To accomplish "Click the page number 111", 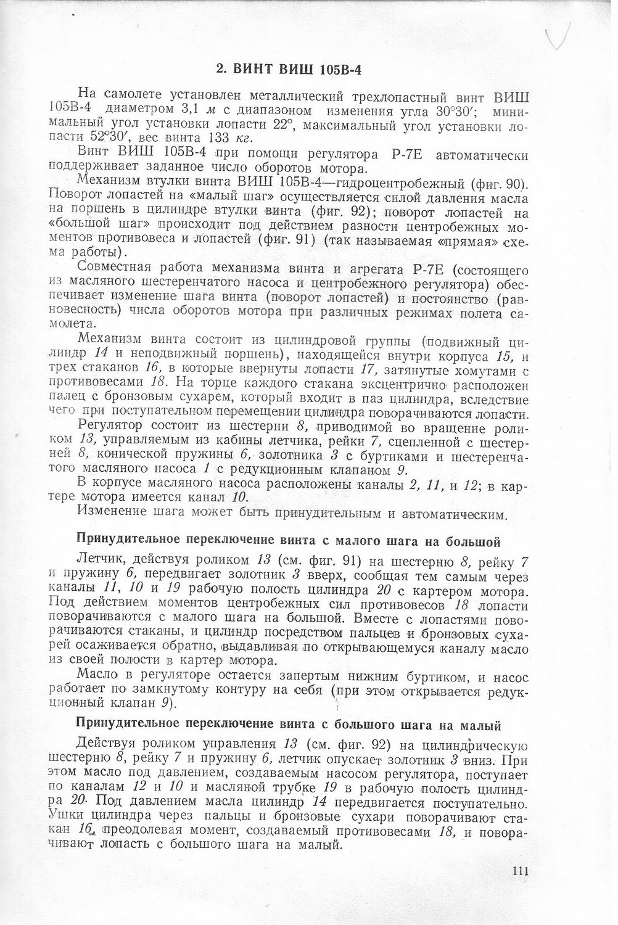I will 521,871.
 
